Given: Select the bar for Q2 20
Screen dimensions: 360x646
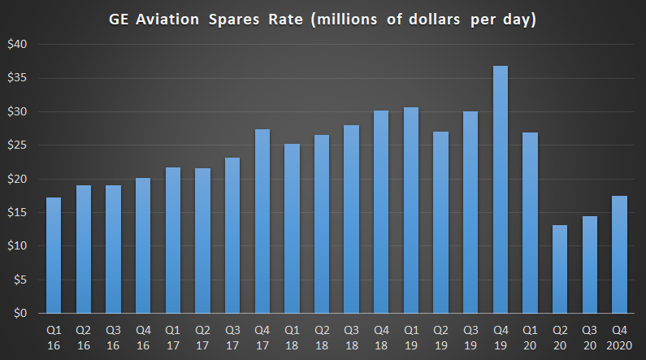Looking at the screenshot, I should pyautogui.click(x=560, y=269).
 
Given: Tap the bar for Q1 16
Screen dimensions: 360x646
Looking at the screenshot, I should pyautogui.click(x=54, y=255).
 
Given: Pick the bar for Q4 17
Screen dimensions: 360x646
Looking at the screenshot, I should pyautogui.click(x=262, y=221).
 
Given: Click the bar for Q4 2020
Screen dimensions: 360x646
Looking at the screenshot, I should pyautogui.click(x=619, y=254).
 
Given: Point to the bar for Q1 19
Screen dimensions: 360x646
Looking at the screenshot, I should pyautogui.click(x=411, y=210).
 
